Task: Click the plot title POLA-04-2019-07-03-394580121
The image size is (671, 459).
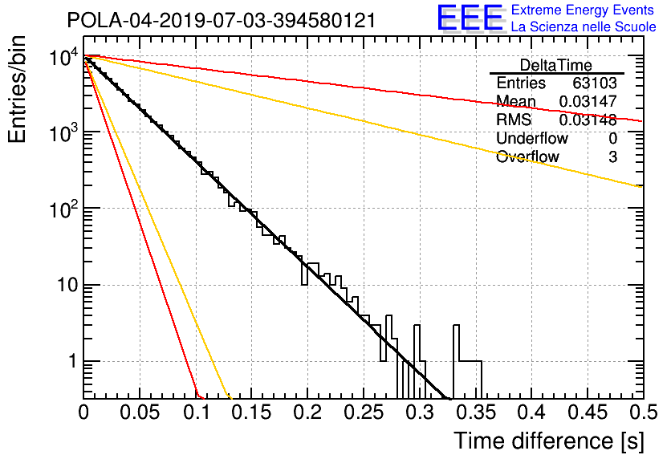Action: tap(222, 20)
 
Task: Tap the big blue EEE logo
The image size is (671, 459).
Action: tap(470, 18)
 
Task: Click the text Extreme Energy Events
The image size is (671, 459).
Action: tap(583, 10)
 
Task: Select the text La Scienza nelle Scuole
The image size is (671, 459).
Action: tap(584, 26)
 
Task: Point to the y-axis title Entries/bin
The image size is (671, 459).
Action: tap(17, 89)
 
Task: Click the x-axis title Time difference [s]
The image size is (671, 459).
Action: tap(549, 441)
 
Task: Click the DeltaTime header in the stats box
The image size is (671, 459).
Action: tap(556, 65)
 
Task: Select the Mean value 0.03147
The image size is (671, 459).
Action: tap(588, 101)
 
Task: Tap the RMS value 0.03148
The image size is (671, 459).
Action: tap(588, 120)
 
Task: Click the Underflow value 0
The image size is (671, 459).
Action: tap(612, 138)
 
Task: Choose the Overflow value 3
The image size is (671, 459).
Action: tap(612, 157)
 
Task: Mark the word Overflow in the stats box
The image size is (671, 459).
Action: tap(527, 156)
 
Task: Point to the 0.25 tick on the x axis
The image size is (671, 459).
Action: tap(364, 412)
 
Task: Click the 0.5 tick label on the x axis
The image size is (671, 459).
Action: tap(644, 412)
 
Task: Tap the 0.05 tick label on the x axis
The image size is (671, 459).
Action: tap(140, 412)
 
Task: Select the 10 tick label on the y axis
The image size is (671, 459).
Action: tap(68, 285)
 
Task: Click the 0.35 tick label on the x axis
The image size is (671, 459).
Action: tap(476, 412)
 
